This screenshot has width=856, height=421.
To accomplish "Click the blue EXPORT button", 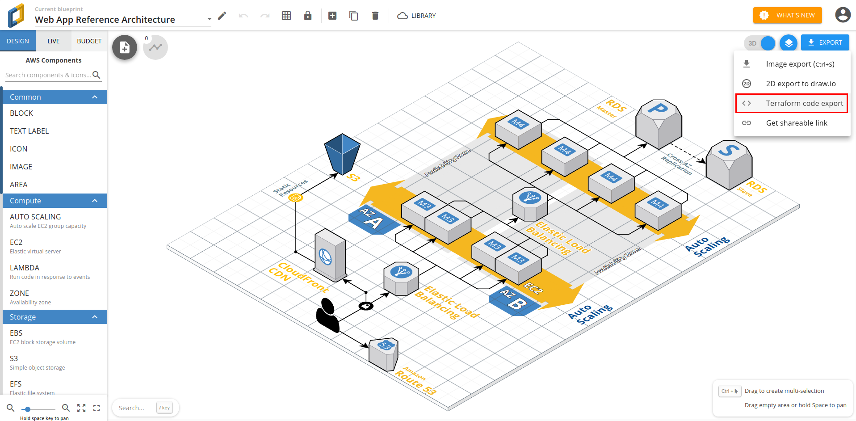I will click(x=825, y=42).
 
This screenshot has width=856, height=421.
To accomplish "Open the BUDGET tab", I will click(x=89, y=41).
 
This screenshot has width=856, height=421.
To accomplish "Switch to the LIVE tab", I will click(x=54, y=41).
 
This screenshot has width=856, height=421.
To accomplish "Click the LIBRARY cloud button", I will click(x=416, y=16).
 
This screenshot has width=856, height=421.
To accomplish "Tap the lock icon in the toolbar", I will click(x=308, y=16).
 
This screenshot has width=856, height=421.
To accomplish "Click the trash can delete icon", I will click(x=375, y=16).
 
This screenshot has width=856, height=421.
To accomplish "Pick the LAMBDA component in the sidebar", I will click(x=25, y=268).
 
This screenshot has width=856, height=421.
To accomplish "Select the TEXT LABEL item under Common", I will click(x=29, y=131).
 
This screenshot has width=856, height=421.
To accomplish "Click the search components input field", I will click(x=48, y=75).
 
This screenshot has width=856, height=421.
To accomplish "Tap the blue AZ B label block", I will click(x=514, y=301).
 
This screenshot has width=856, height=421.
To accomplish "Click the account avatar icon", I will click(x=843, y=15).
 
